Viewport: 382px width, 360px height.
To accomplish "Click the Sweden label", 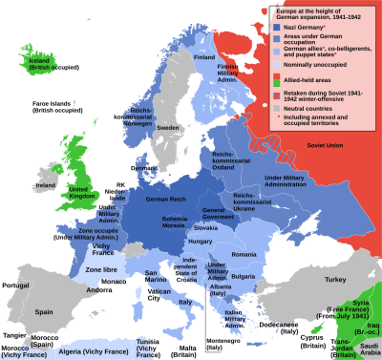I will click(168, 127).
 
